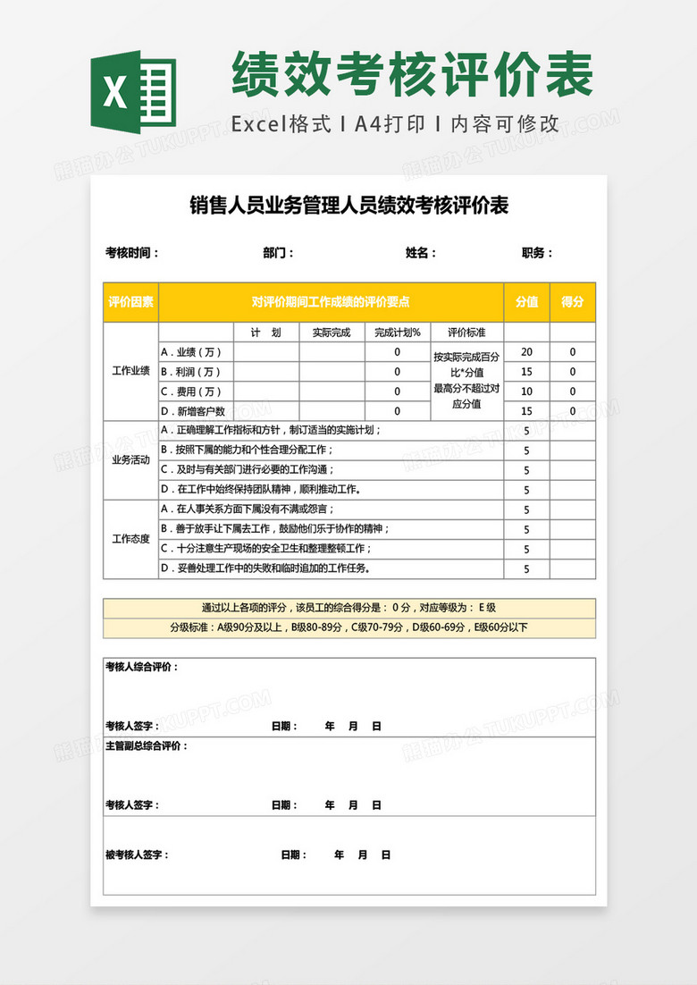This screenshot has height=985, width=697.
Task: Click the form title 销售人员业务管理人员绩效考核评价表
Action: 348,206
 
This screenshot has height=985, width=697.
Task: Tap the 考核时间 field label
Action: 132,253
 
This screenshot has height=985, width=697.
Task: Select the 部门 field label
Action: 278,253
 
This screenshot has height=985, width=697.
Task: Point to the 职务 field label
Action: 536,253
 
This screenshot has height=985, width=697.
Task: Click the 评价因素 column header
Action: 131,302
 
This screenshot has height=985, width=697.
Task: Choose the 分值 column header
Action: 526,302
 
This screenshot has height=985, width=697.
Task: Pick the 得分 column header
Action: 573,302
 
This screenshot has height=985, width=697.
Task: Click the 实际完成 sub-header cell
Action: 332,333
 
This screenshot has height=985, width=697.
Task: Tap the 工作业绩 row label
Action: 131,371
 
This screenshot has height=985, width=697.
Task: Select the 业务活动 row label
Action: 131,459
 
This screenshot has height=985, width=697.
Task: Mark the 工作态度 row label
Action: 131,539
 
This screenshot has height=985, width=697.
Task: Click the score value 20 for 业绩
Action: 526,352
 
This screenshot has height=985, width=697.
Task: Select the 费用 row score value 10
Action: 526,391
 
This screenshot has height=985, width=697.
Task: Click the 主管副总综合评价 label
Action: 147,745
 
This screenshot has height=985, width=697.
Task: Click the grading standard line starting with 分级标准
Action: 348,627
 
